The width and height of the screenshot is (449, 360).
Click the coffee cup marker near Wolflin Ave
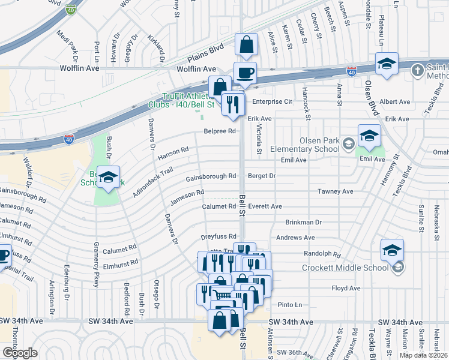pyautogui.click(x=245, y=73)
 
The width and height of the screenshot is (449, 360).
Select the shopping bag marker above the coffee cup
pyautogui.click(x=246, y=44)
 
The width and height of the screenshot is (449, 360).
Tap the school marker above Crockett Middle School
pyautogui.click(x=392, y=250)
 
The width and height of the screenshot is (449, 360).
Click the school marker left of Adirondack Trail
pyautogui.click(x=108, y=177)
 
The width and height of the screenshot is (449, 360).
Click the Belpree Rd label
pyautogui.click(x=220, y=131)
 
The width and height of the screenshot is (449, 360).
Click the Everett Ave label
pyautogui.click(x=265, y=206)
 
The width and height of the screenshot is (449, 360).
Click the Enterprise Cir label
pyautogui.click(x=272, y=102)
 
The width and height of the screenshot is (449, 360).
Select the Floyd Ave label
pyautogui.click(x=346, y=289)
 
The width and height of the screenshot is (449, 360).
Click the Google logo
pyautogui.click(x=20, y=352)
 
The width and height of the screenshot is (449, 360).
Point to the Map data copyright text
pyautogui.click(x=424, y=355)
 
